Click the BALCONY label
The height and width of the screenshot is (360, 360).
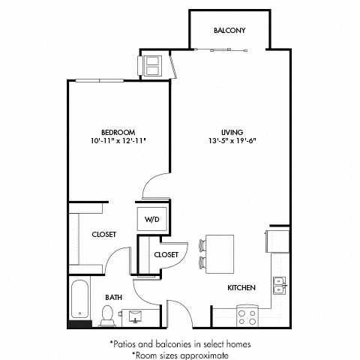(x=230, y=31)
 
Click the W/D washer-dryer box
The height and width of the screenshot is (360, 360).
(x=152, y=219)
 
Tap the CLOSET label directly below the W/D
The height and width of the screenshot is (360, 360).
(x=166, y=255)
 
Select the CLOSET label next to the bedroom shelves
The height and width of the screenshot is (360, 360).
(x=103, y=235)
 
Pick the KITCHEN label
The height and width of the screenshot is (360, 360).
(x=242, y=288)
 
